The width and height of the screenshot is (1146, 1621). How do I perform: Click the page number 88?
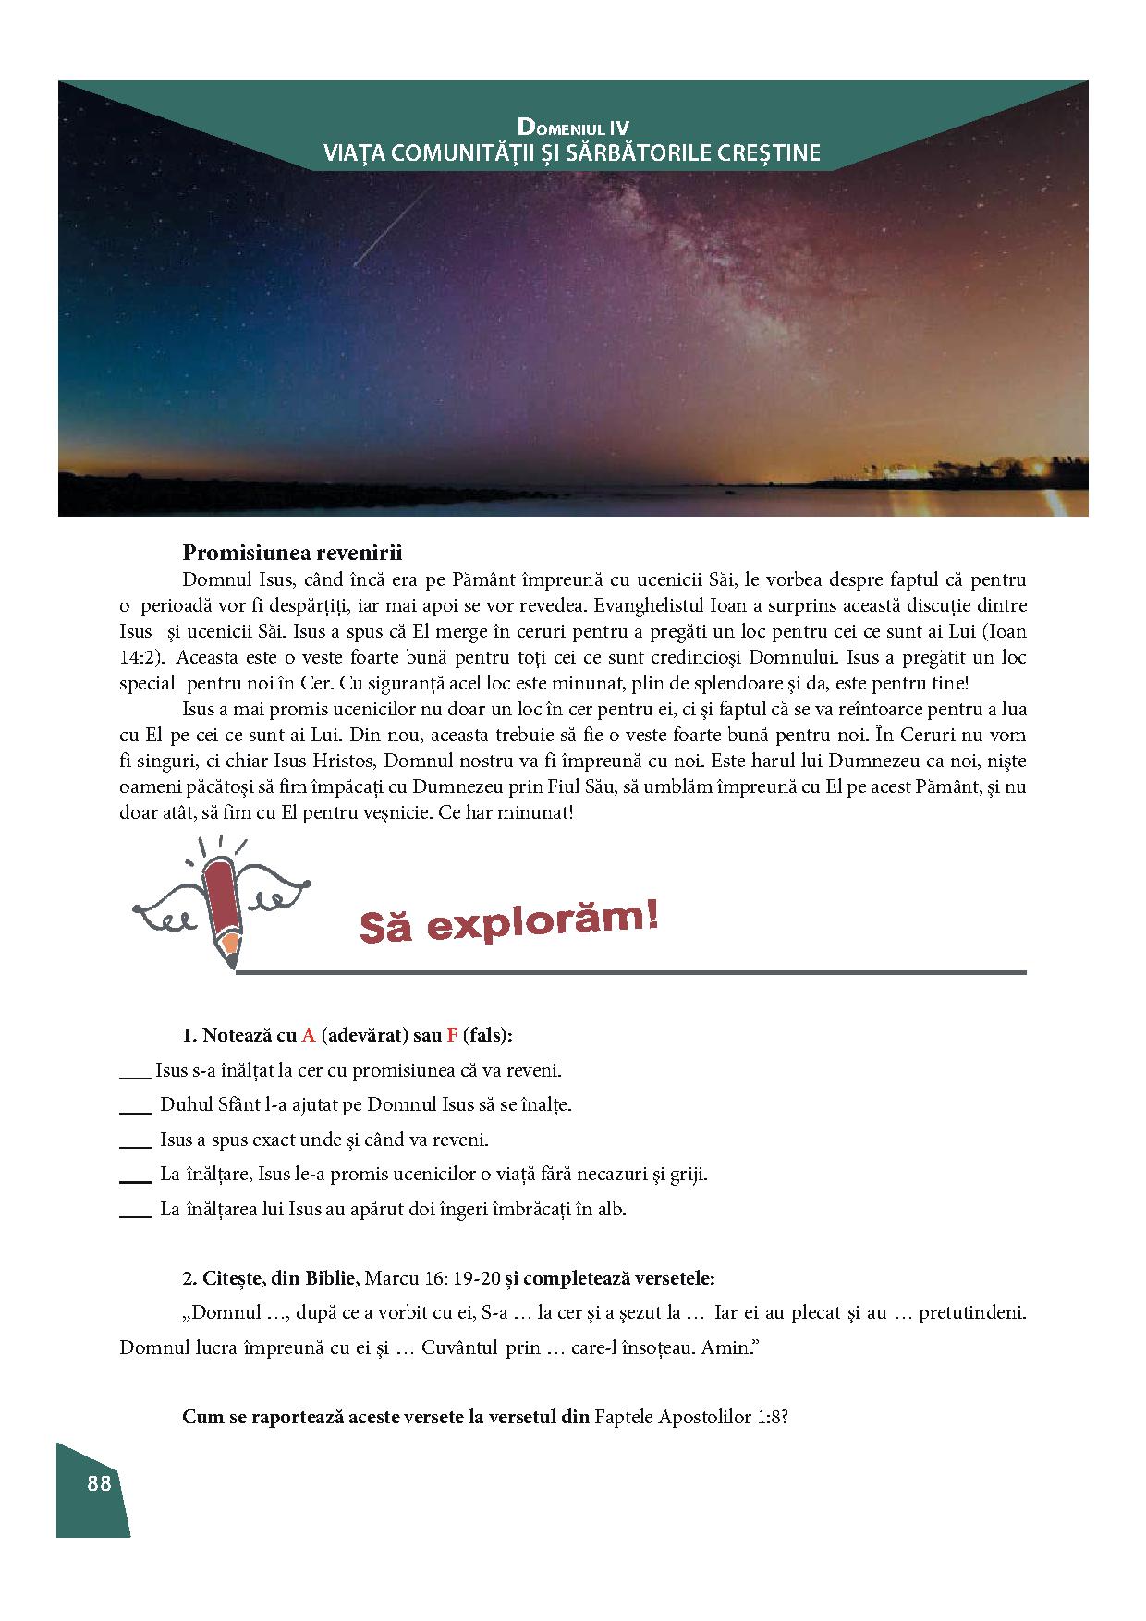point(99,1483)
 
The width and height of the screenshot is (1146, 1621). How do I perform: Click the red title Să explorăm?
point(508,922)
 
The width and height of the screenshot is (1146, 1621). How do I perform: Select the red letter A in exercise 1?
point(309,1035)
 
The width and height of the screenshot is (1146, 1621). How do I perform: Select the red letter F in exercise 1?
point(452,1035)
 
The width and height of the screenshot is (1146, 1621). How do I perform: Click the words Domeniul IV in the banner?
point(573,127)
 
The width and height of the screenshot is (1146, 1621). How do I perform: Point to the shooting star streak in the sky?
point(393,225)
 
